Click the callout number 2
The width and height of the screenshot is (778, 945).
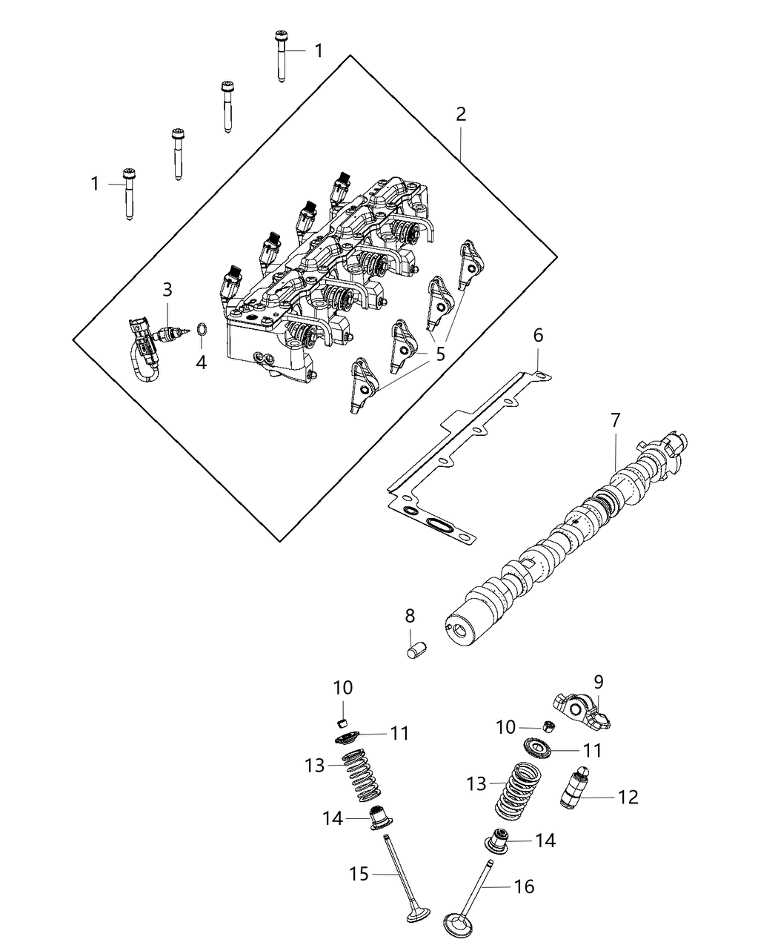pos(461,115)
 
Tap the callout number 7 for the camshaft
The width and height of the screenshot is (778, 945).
pos(616,420)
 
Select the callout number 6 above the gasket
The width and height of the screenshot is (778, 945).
pos(538,335)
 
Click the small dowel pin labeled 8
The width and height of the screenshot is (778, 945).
pos(416,650)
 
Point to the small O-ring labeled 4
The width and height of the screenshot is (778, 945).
pos(202,330)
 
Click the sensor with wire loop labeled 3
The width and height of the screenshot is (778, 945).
pos(152,345)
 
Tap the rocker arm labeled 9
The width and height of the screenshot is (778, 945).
pos(582,705)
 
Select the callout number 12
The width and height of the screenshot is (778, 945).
pos(628,798)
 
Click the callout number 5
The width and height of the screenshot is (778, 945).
pos(440,354)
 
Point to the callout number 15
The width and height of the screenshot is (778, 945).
pos(359,875)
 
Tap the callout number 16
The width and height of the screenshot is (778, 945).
pos(524,886)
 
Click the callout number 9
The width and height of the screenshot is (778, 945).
pos(599,680)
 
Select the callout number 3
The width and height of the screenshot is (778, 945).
pos(167,289)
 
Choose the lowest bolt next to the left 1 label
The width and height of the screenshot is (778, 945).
pos(130,191)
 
